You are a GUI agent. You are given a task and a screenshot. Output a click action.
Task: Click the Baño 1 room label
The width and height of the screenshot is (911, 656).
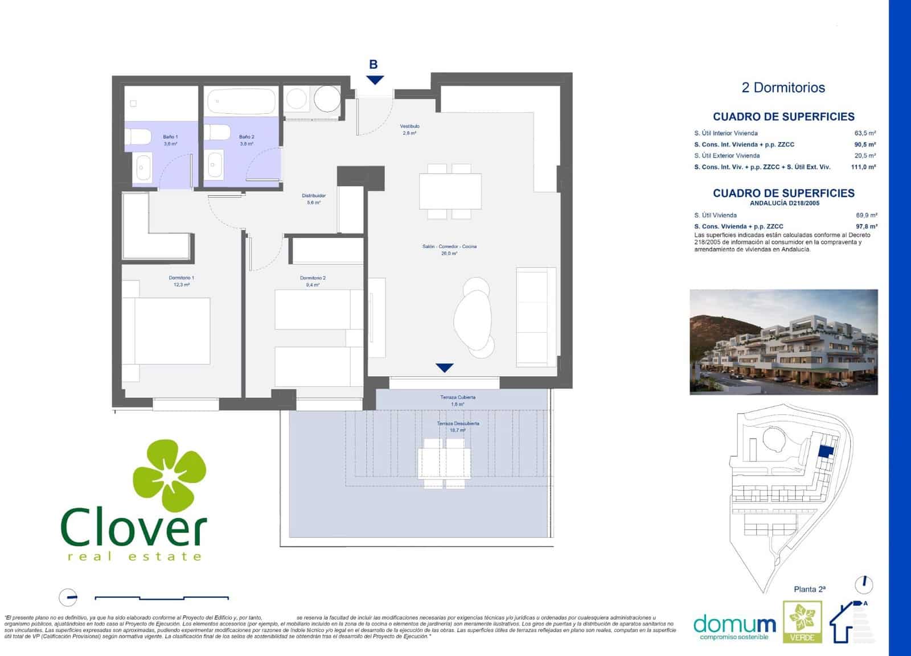coord(170,137)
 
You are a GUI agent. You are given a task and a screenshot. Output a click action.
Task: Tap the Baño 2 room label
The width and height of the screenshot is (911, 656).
coord(247,137)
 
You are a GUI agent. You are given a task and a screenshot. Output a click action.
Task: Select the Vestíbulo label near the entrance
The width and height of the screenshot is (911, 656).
coord(409,126)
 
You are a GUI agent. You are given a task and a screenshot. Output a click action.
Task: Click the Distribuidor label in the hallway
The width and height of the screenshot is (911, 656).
coord(314,196)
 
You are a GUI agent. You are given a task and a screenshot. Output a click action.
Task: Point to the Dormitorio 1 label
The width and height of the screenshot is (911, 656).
coord(181,278)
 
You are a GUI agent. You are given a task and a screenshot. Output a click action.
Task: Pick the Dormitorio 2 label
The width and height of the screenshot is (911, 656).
coord(313,278)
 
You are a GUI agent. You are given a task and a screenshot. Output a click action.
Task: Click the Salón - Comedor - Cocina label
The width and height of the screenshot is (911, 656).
coord(449,246)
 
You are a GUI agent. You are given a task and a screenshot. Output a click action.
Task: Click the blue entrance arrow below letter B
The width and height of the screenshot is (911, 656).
coord(375,80)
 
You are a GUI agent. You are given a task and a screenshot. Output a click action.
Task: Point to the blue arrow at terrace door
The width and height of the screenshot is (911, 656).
coord(444,368)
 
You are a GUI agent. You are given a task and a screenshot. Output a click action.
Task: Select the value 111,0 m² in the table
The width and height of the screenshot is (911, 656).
coord(864,167)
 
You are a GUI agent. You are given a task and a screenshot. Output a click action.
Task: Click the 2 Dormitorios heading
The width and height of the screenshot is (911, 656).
coord(783,88)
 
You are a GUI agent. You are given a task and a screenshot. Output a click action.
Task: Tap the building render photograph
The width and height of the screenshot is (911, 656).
coord(783,342)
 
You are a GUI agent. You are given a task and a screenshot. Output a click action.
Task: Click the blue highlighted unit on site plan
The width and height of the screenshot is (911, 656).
coord(825,451)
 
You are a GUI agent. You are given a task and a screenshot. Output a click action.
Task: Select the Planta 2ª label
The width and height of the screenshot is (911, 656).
coord(810,589)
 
